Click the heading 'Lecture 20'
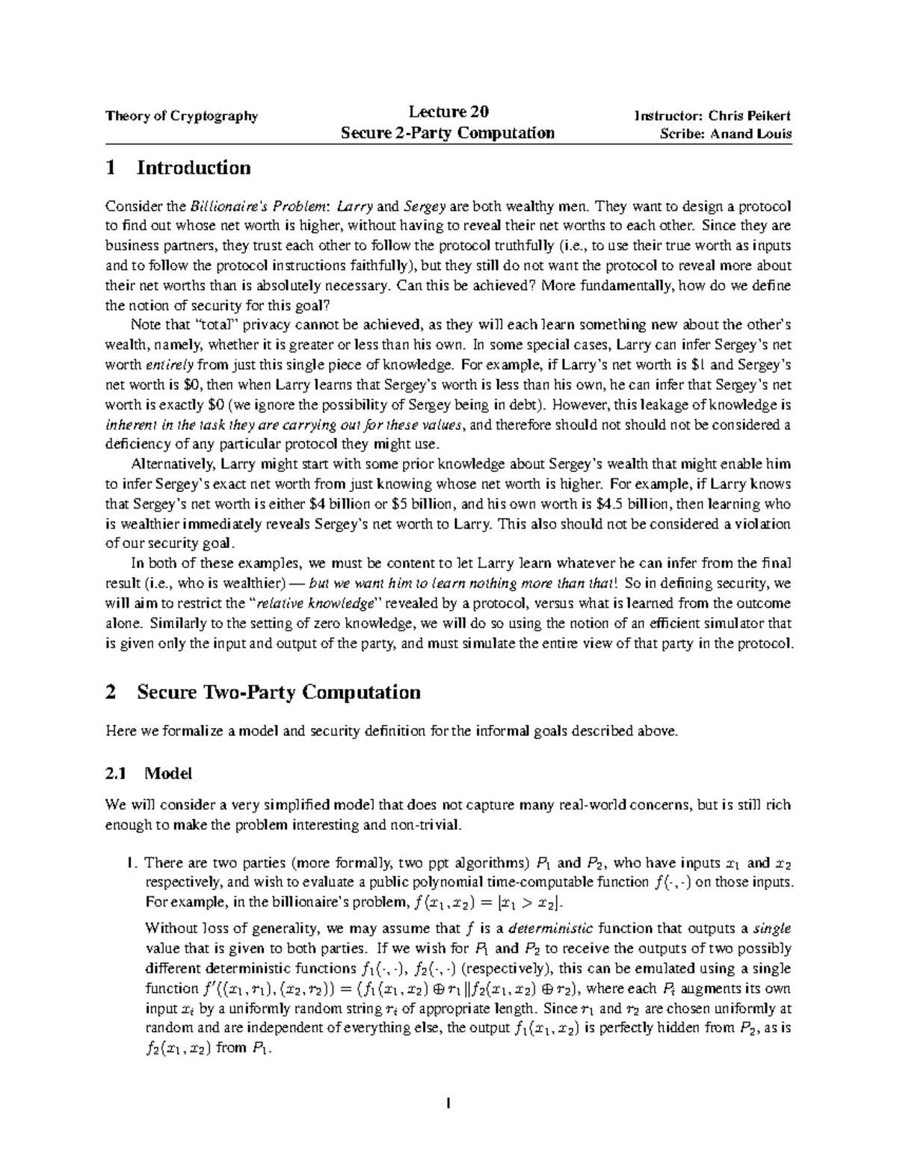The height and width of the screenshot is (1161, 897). tap(449, 113)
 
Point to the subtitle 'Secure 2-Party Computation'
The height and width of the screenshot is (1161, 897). tap(448, 134)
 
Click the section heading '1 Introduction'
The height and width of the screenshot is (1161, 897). tap(179, 167)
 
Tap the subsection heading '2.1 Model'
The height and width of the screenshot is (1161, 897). tap(149, 773)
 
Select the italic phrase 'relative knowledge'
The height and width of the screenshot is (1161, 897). tap(321, 603)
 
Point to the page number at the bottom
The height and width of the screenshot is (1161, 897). tap(448, 1102)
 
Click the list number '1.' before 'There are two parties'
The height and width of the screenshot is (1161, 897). tap(133, 862)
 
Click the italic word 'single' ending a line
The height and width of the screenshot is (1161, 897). tap(773, 929)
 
